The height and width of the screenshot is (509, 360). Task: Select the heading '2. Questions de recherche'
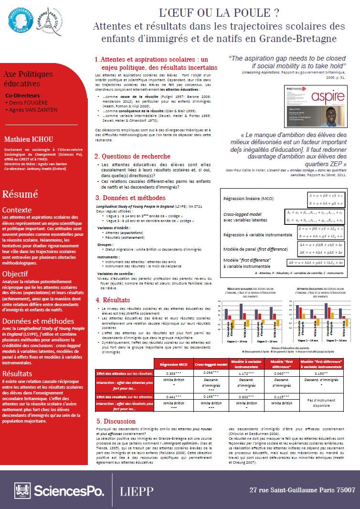(x=132, y=156)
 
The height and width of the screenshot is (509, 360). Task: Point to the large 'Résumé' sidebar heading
(x=20, y=194)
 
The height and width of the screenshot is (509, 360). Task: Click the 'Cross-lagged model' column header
(x=211, y=364)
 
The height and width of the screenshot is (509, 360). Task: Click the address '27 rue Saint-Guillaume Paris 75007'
(x=302, y=490)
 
